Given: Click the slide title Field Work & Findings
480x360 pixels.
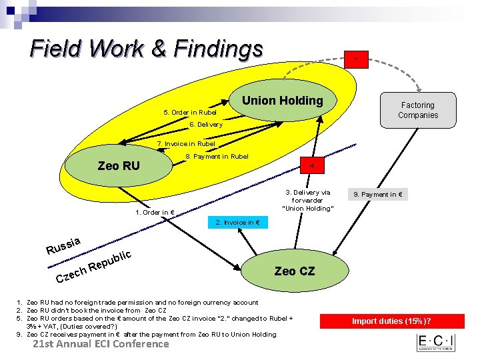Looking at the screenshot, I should pos(147,48).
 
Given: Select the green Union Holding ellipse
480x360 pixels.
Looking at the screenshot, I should pos(282,101).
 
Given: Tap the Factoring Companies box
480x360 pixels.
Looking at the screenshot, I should pos(418,110).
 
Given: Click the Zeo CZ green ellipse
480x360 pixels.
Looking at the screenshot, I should pos(294,271).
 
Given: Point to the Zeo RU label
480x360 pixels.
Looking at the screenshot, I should pos(118,165).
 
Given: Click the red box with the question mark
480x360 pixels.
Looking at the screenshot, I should pos(355,61).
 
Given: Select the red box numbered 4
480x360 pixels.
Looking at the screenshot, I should pos(312,165).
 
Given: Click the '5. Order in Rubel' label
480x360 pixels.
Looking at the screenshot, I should pos(190,112).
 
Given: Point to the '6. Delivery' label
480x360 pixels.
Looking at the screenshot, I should pos(206,125).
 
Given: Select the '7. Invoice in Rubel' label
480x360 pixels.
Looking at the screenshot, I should pos(186,143).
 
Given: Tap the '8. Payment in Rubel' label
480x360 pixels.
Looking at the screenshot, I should pos(217,157).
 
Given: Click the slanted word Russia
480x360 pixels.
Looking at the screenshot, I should pos(64,246).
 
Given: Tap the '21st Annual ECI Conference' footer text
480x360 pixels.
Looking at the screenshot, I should pos(101,344).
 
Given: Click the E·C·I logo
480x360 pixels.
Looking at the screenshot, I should pos(436,343).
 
